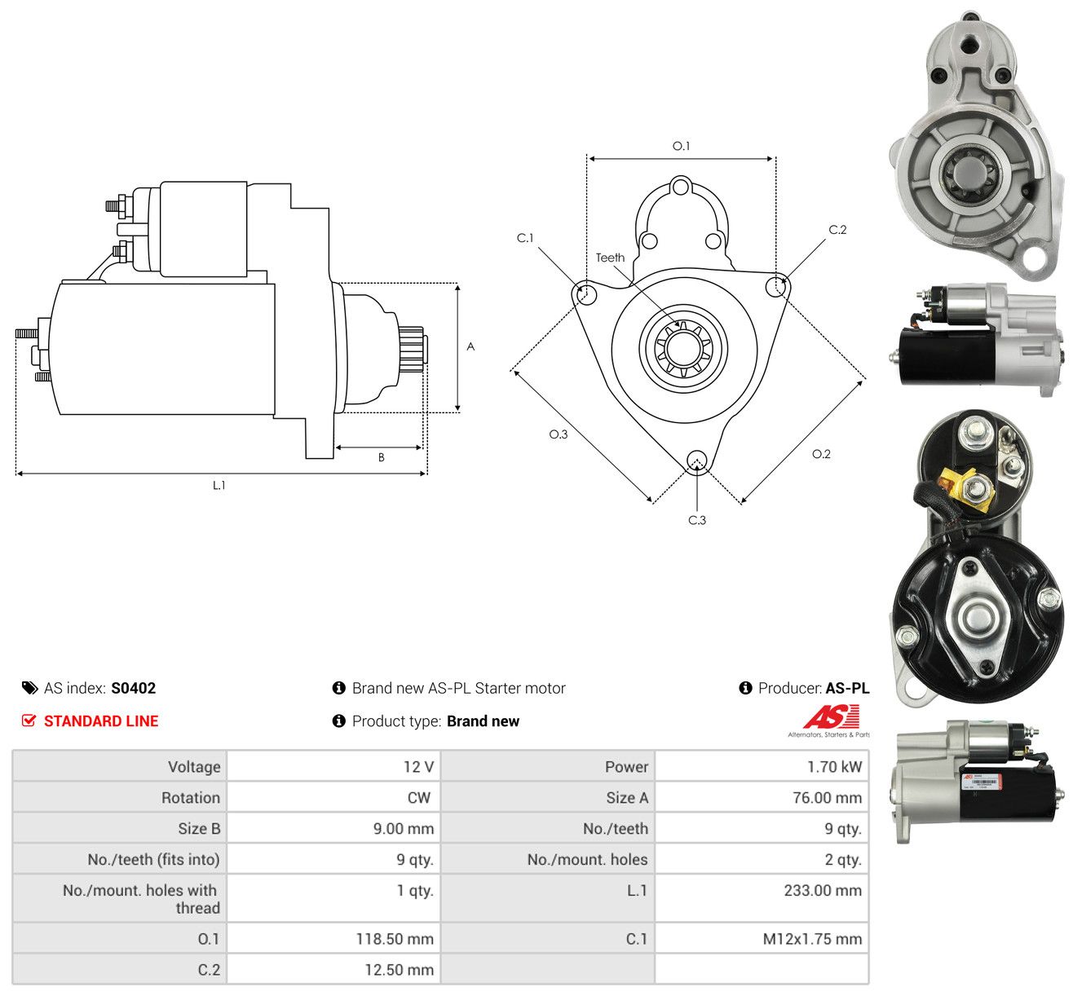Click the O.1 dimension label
point(681,146)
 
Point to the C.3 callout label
point(697,520)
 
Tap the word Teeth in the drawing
point(610,258)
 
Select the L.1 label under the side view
point(219,485)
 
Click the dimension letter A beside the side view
point(470,346)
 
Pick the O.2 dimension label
point(821,454)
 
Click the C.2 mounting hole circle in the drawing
point(776,286)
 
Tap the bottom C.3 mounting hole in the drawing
point(697,461)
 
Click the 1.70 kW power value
point(834,766)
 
